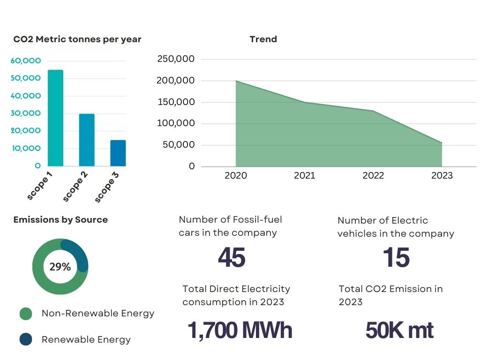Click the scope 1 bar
(55, 118)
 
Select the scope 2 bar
(87, 140)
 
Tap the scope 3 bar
(118, 153)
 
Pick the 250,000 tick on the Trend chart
(176, 59)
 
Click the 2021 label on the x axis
(305, 176)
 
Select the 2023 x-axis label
(442, 176)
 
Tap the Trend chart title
(263, 39)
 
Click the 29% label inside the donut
(60, 267)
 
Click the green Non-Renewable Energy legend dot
(26, 314)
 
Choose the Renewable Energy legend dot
(26, 339)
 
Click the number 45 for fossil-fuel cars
(232, 258)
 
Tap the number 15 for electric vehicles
(396, 258)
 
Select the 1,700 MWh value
(240, 330)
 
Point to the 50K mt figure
(399, 330)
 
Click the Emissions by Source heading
(60, 220)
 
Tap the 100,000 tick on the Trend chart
(176, 124)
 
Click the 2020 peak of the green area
(236, 81)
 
